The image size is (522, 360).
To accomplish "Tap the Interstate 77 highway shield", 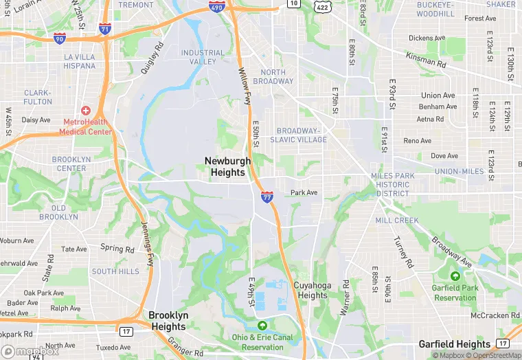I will click(x=266, y=197).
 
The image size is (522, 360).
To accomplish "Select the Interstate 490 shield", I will click(x=216, y=7).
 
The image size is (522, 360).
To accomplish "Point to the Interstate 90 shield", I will click(x=60, y=39).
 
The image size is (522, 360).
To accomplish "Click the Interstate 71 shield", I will click(x=104, y=29).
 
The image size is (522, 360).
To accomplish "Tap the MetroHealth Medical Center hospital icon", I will click(x=85, y=111).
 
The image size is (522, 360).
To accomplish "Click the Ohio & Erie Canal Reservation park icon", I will click(x=261, y=325).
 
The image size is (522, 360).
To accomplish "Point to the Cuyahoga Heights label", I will click(x=313, y=291).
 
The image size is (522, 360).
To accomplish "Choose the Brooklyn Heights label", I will click(x=168, y=320).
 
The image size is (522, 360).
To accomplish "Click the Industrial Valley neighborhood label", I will click(x=203, y=57).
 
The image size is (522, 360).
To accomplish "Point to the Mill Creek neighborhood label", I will click(x=397, y=221).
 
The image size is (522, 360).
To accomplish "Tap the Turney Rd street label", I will click(x=403, y=252).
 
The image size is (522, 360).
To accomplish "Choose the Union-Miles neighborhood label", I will click(x=459, y=171).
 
